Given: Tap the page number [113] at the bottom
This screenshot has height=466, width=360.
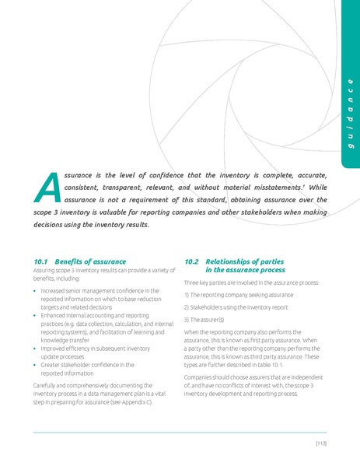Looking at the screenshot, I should click(x=321, y=443).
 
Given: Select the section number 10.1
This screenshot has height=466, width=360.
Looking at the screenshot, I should click(x=41, y=261).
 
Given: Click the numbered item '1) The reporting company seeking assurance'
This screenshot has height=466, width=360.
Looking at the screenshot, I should click(x=238, y=295).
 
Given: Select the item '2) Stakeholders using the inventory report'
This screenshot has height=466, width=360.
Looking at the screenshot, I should click(x=236, y=307).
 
